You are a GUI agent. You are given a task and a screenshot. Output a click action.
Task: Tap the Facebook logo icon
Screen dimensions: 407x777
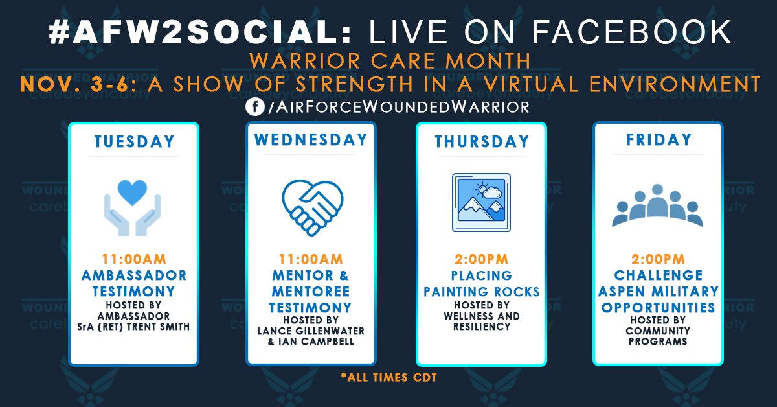tap(254, 107)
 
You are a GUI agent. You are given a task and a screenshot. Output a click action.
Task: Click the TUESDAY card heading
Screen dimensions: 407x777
tap(134, 141)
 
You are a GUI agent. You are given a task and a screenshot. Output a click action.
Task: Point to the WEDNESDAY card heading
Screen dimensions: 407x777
tap(311, 140)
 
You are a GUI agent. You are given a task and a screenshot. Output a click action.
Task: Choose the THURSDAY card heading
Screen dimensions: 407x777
tap(481, 141)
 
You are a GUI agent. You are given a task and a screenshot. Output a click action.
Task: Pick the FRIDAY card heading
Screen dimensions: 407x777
tap(658, 140)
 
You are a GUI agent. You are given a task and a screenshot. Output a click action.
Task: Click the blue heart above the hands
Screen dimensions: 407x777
tap(133, 192)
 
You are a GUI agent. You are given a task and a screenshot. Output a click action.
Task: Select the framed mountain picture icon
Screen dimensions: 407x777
tap(481, 202)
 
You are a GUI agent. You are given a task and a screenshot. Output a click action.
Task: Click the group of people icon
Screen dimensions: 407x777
tap(658, 206)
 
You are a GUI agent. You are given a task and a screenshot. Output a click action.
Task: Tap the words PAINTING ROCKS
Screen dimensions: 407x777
tap(481, 292)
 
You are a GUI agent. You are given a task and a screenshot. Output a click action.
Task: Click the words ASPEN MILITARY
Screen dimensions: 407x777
tap(658, 292)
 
